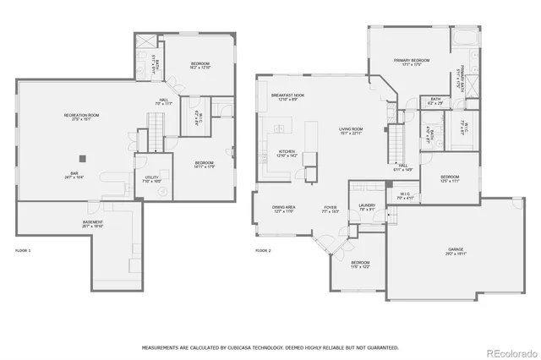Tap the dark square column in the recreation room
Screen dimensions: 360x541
click(82, 157)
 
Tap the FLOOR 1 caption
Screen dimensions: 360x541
click(23, 251)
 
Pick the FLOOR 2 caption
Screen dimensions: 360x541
click(263, 251)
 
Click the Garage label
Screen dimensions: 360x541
click(456, 250)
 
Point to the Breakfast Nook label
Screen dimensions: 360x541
click(287, 97)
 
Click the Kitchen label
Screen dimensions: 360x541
click(287, 154)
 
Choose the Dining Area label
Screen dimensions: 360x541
click(283, 209)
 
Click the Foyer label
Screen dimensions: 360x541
click(331, 209)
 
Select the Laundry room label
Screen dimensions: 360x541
click(367, 206)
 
